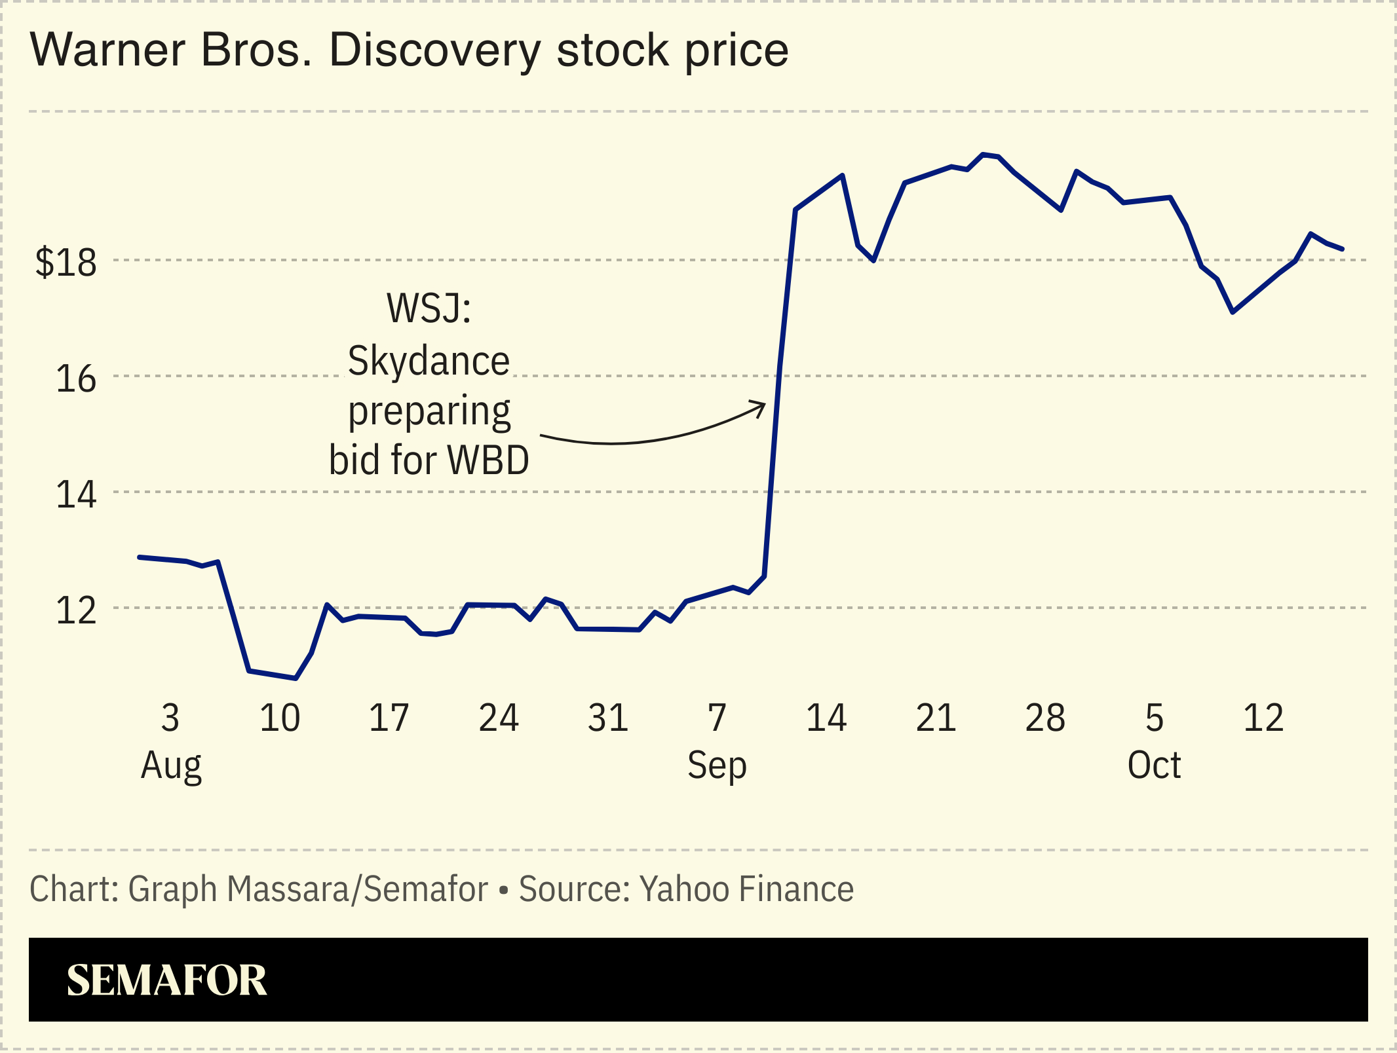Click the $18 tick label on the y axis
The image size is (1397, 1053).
66,263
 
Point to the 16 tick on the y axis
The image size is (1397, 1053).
76,379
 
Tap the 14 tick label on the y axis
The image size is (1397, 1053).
76,495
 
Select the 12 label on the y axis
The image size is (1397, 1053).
76,610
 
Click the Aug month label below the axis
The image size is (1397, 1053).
171,766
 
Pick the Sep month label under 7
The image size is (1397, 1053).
717,766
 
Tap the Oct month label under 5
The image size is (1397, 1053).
1154,766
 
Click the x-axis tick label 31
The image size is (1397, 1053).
608,718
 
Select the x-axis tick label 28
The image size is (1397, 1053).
1045,718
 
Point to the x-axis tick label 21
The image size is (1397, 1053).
936,718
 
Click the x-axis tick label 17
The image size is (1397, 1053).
389,718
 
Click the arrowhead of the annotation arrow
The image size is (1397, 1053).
763,405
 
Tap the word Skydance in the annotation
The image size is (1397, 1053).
429,361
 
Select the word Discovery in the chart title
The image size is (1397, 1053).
435,50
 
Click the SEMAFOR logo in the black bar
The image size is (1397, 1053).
166,980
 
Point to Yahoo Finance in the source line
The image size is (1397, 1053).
746,889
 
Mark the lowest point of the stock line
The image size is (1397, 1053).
296,678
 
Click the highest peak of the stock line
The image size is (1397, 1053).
983,155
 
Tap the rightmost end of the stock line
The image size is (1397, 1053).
1343,249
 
